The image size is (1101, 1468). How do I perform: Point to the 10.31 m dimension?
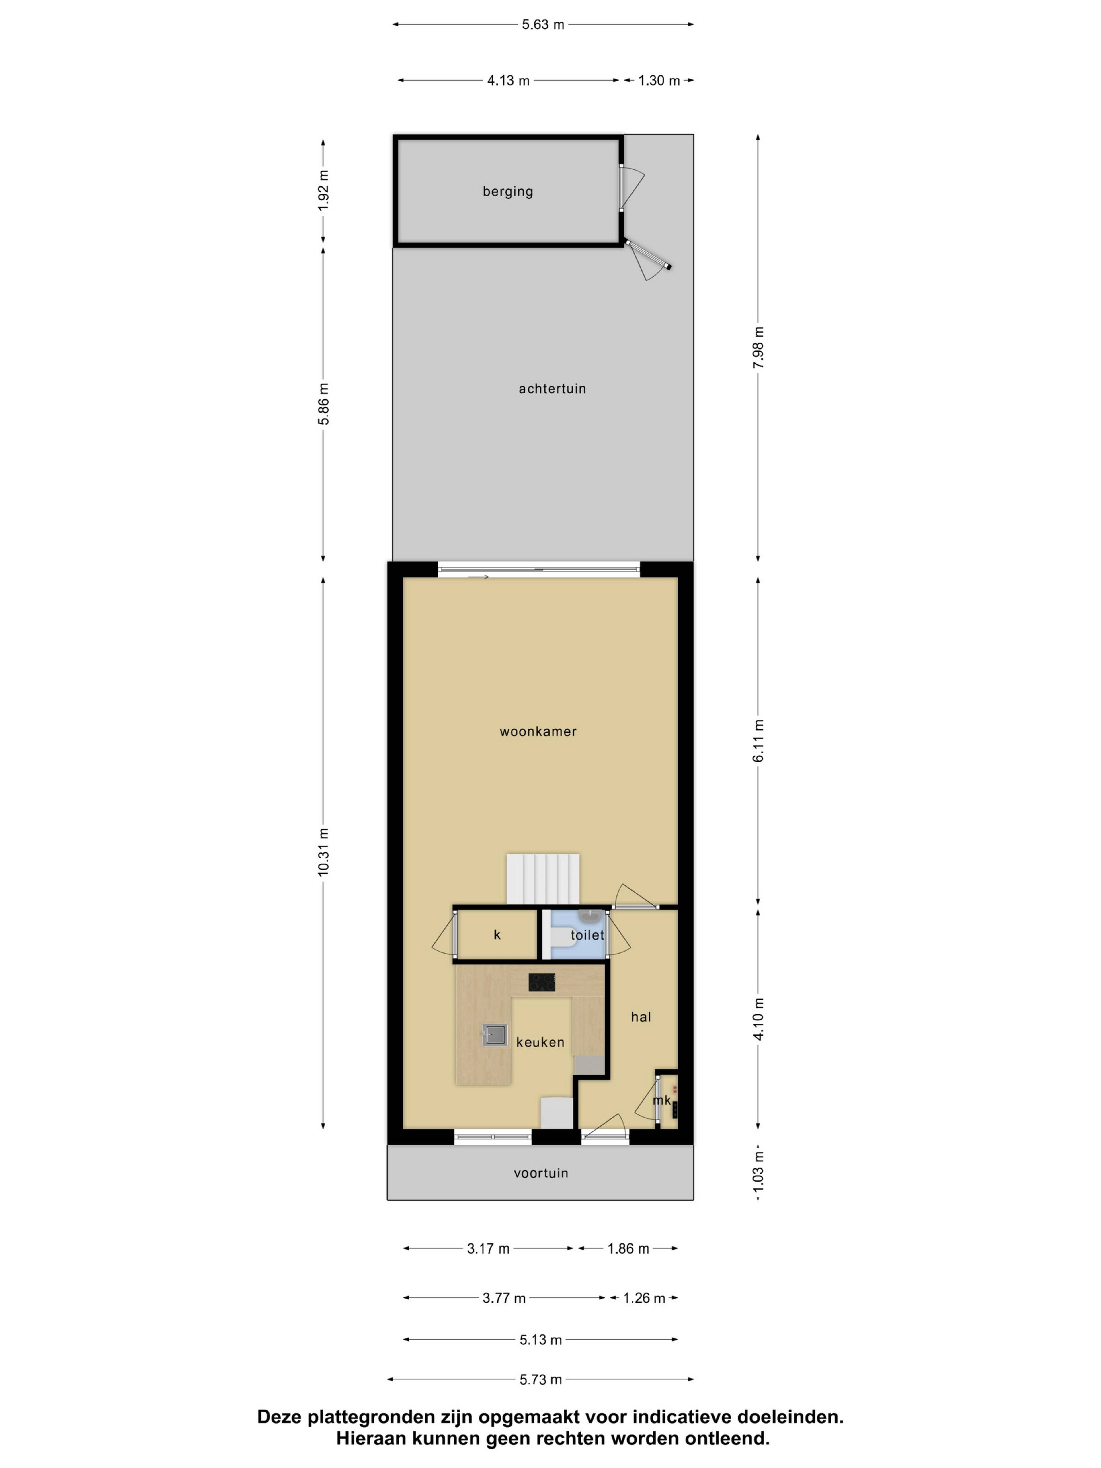coord(323,853)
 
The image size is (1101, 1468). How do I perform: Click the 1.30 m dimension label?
coord(659,80)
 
